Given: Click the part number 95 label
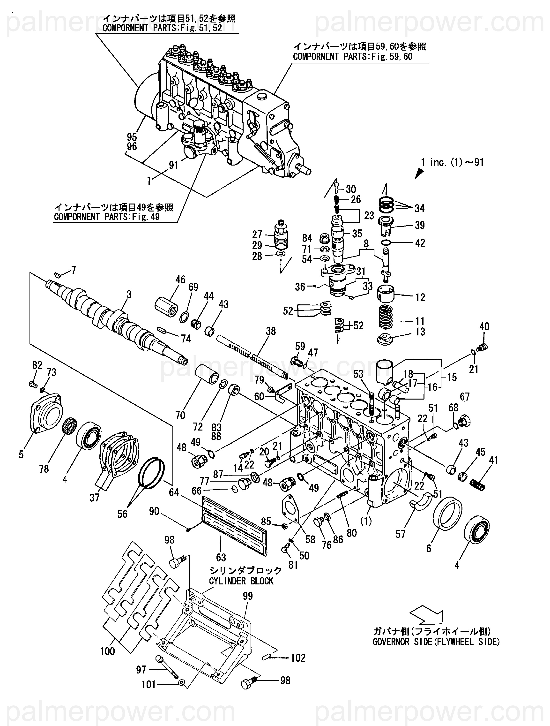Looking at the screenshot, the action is click(x=132, y=137).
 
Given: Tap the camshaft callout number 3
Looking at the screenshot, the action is click(x=129, y=295).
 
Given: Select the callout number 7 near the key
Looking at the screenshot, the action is click(x=74, y=270).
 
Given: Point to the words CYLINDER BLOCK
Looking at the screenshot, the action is click(x=241, y=581).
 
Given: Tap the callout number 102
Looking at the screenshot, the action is click(x=298, y=658).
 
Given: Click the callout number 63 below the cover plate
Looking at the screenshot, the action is click(x=221, y=557).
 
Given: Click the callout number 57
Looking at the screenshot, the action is click(x=401, y=534).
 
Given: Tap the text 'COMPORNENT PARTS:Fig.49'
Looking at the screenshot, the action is click(x=107, y=217).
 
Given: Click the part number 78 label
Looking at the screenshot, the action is click(x=44, y=469).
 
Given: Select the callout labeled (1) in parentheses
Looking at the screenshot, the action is click(x=366, y=521).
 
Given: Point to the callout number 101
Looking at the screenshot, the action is click(x=149, y=685).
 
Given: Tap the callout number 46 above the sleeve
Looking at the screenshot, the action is click(x=180, y=280).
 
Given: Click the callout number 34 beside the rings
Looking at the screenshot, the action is click(x=419, y=208).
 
